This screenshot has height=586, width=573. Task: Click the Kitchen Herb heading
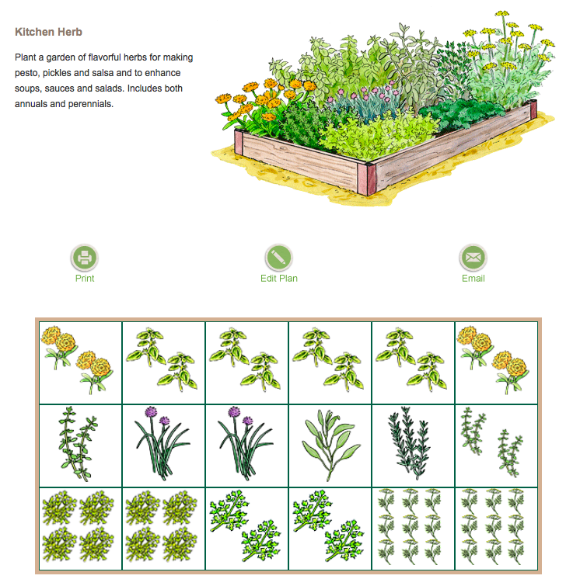pos(48,33)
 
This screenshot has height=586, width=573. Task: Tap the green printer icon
pos(85,257)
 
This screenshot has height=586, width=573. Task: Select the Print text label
pos(85,278)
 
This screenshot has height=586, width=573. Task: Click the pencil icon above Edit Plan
pos(278,257)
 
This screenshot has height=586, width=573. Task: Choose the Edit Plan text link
pos(278,278)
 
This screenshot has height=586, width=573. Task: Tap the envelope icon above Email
pos(473,257)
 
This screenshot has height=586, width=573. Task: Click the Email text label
pos(473,278)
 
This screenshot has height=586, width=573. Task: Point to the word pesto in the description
pos(28,73)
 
